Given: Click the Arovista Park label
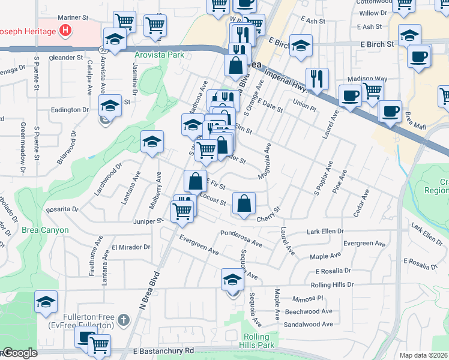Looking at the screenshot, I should coord(159,55).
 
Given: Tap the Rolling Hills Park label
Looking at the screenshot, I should coord(259,341).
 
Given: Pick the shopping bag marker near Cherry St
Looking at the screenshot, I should coord(244,203).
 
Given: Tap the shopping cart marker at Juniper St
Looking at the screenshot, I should coord(182,210).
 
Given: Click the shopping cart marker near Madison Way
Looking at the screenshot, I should coord(373,91).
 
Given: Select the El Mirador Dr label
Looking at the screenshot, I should coord(131,247).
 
